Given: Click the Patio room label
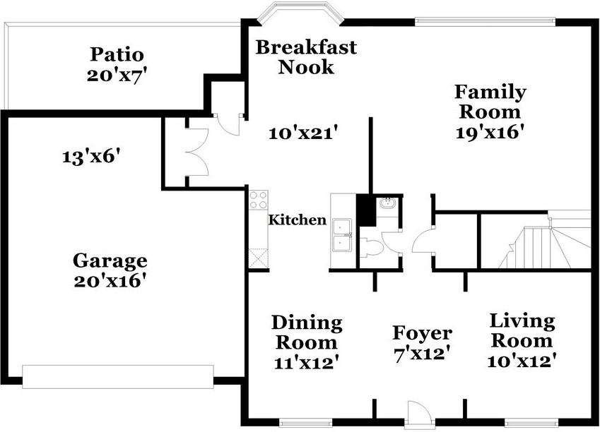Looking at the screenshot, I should [117, 54].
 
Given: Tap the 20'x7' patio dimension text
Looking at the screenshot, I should [117, 74].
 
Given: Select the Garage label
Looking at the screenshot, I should [110, 261].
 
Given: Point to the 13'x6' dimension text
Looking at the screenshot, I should [96, 156].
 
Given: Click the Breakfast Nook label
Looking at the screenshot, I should [306, 57].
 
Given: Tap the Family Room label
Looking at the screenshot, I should [490, 102].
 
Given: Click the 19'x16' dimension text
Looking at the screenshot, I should [490, 131].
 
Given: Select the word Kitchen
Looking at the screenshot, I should [297, 220].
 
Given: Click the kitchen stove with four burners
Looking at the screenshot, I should [258, 200].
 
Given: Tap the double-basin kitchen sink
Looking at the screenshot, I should [343, 235].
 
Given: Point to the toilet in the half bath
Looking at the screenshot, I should [372, 246].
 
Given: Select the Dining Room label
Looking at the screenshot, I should [307, 333].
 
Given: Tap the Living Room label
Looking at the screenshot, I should [522, 331].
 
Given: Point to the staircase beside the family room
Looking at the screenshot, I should [544, 244].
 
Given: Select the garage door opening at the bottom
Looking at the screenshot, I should [117, 376].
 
